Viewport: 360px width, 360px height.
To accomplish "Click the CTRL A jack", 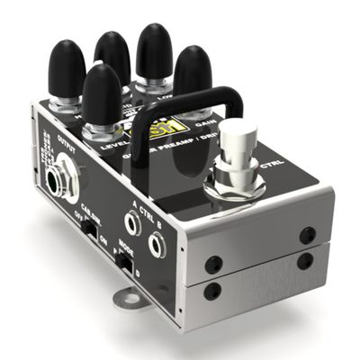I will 132,221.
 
